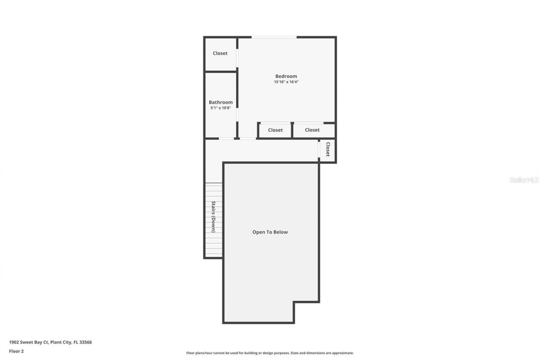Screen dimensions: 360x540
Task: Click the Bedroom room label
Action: click(x=286, y=76)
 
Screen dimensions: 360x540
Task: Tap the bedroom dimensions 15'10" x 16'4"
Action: click(x=286, y=82)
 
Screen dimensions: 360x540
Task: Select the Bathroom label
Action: click(x=221, y=102)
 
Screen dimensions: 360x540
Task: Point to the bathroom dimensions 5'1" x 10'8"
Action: click(x=221, y=108)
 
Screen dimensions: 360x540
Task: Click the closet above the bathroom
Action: click(x=220, y=53)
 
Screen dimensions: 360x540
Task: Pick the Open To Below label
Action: click(x=270, y=232)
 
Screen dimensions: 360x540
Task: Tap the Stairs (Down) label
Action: click(x=213, y=217)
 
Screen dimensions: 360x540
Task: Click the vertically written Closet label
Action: click(x=327, y=149)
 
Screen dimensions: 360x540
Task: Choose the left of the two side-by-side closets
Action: click(x=275, y=130)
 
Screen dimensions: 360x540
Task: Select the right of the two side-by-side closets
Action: click(x=312, y=130)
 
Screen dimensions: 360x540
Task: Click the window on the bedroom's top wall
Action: click(x=274, y=37)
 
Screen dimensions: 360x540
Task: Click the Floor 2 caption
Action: click(x=16, y=351)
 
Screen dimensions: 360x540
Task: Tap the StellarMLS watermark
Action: click(x=524, y=180)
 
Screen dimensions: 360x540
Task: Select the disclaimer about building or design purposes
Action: click(x=270, y=353)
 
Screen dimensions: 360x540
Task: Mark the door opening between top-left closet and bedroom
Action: click(x=237, y=58)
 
